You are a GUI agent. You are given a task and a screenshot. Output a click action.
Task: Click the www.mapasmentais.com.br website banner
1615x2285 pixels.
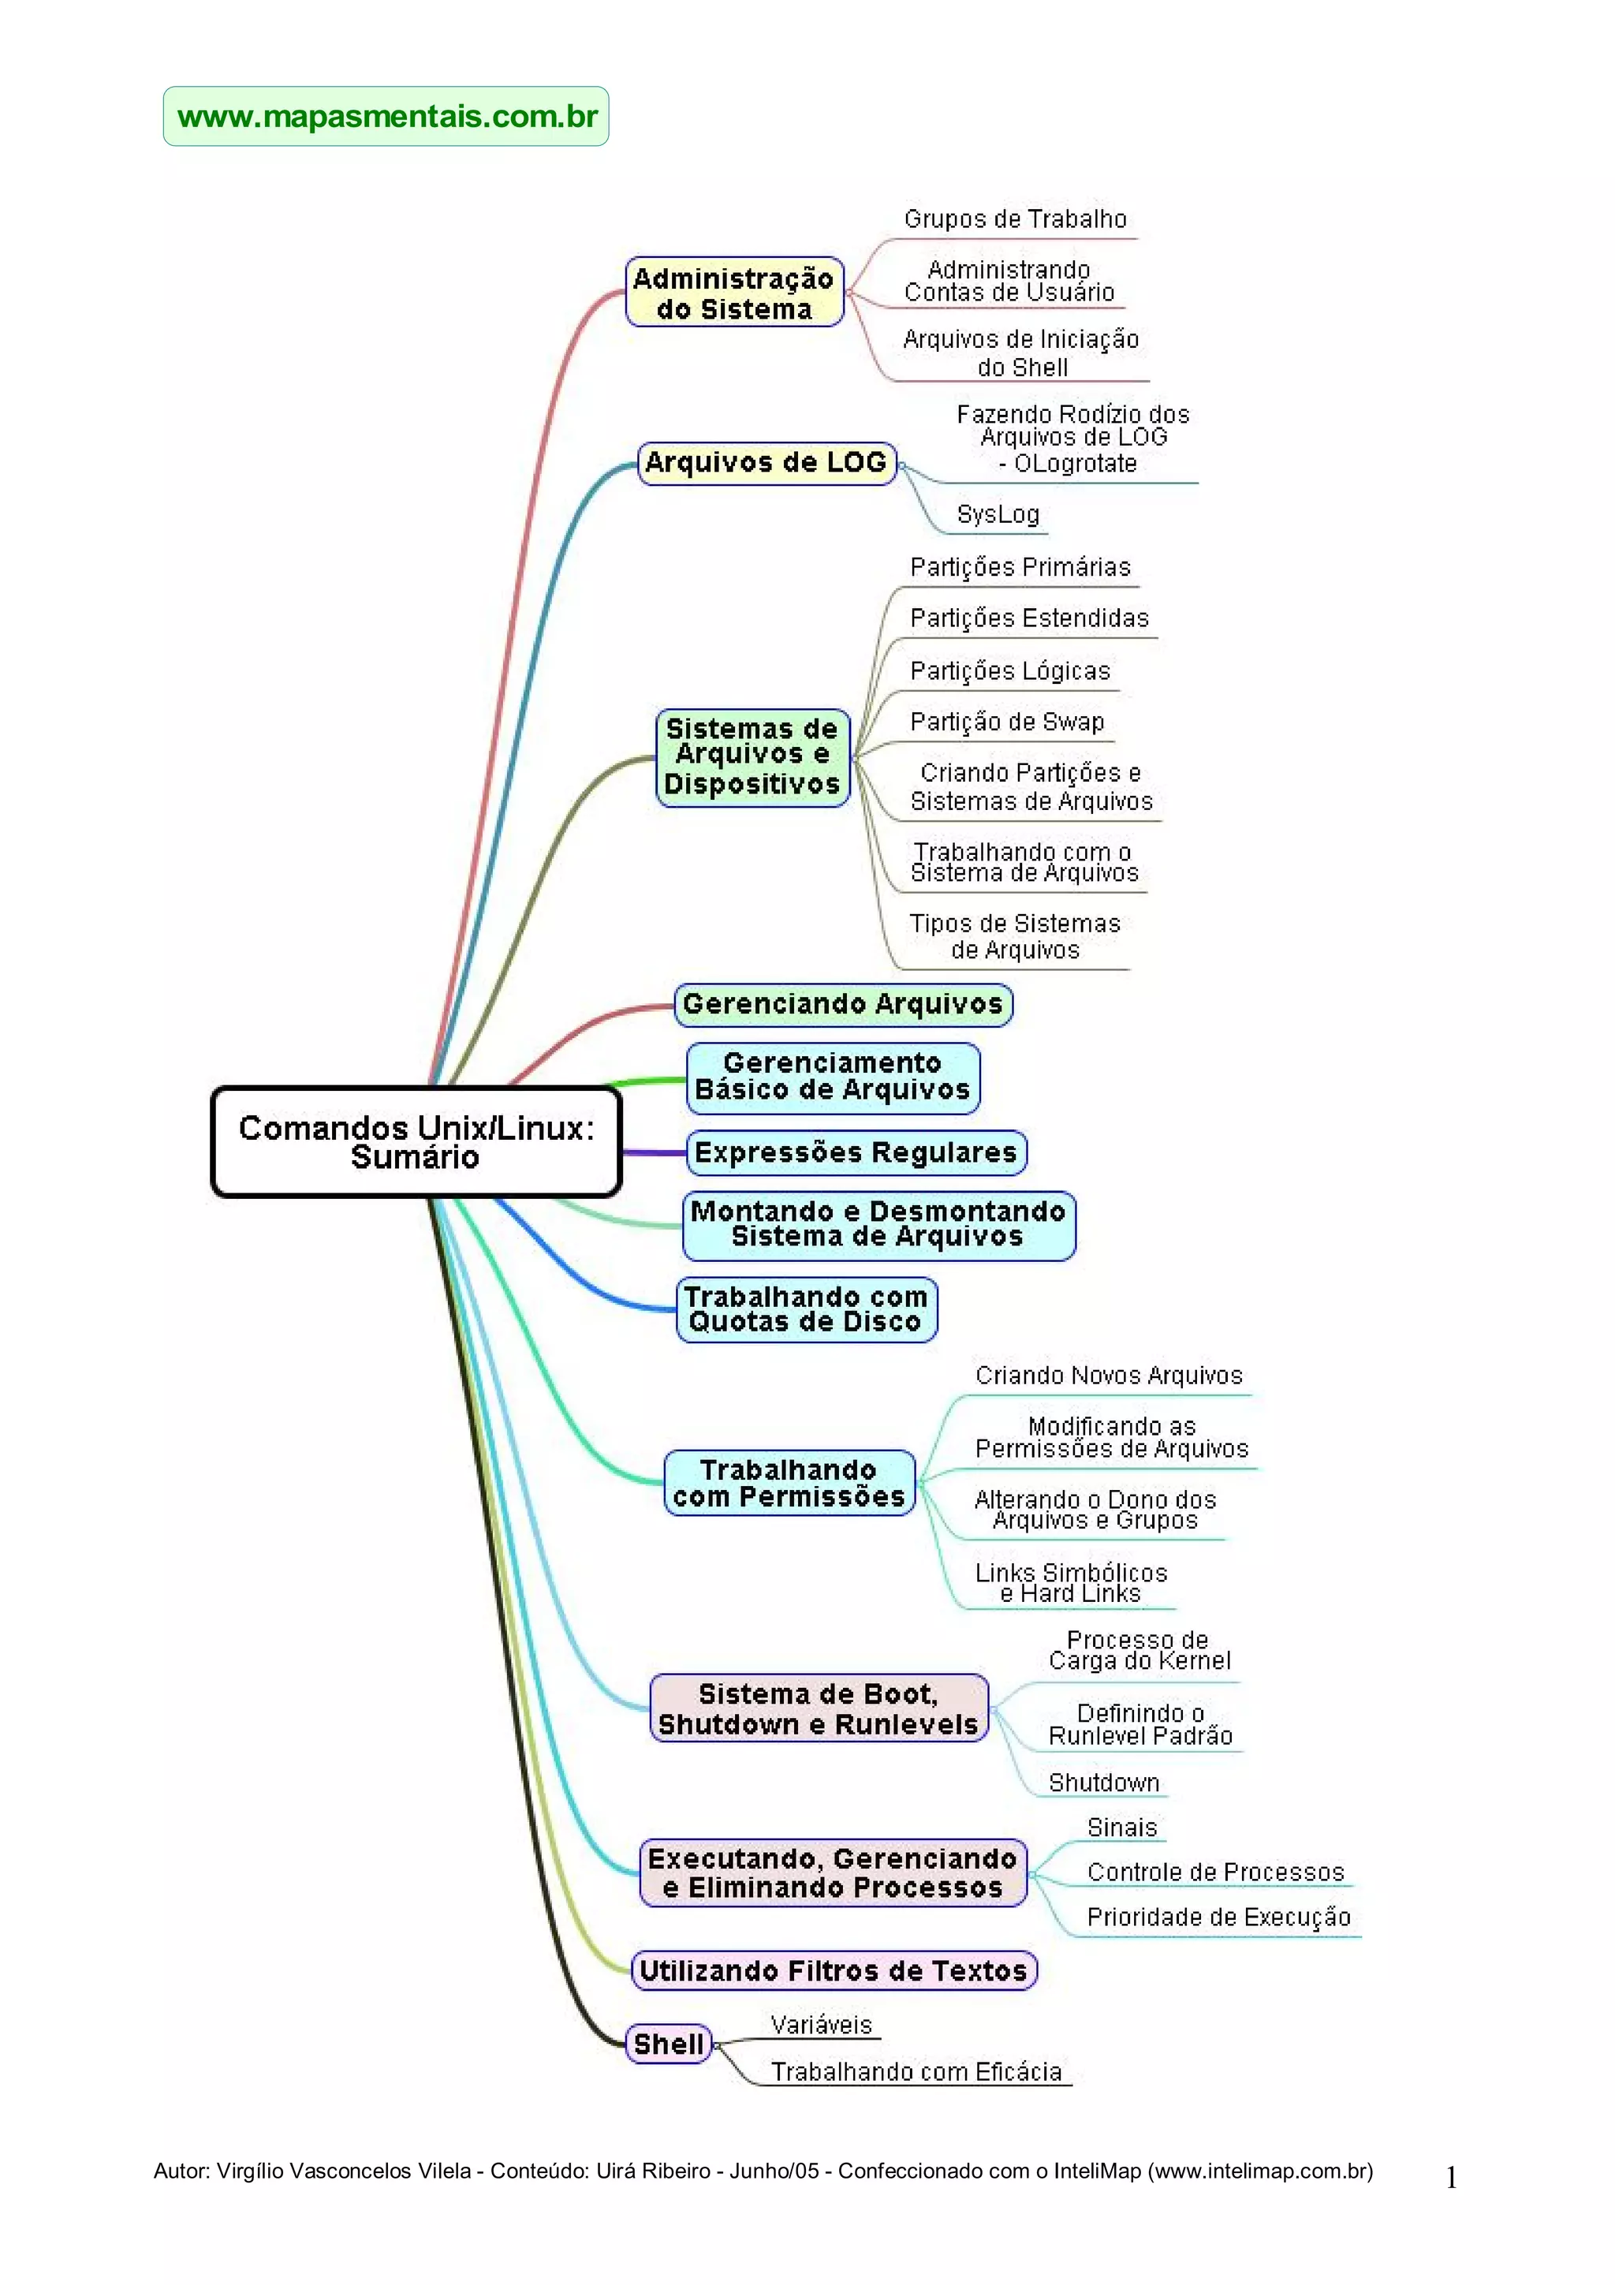386,117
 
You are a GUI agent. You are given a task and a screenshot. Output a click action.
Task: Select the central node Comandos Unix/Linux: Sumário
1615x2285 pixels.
416,1141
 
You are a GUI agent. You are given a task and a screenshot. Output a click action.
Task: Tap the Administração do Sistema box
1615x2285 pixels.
734,293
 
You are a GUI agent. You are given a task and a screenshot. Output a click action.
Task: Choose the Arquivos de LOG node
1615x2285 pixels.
766,463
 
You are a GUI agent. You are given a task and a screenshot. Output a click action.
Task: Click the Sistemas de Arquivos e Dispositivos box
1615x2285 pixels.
752,756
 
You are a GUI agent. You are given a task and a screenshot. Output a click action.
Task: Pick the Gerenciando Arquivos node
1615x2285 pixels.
843,1004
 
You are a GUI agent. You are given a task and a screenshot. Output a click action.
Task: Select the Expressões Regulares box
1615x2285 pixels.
856,1152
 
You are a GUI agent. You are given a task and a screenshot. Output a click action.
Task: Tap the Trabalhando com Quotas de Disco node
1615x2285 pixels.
806,1309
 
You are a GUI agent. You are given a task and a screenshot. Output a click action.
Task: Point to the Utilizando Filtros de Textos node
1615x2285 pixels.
834,1970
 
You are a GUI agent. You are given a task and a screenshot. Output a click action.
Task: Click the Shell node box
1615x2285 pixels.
669,2044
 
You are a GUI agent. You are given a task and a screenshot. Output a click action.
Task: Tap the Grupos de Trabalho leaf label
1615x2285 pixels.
1015,219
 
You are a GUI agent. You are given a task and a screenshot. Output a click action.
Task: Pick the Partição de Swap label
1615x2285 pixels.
1007,722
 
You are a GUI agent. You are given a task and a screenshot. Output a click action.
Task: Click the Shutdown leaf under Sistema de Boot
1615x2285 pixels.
1103,1783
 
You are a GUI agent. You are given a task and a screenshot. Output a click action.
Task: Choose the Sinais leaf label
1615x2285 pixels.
1121,1828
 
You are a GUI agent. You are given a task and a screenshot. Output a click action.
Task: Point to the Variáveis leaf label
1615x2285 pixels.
821,2024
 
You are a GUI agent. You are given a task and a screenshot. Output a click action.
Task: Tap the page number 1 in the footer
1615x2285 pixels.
1451,2179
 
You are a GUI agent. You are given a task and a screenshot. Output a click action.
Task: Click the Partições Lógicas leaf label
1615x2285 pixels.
1010,670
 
